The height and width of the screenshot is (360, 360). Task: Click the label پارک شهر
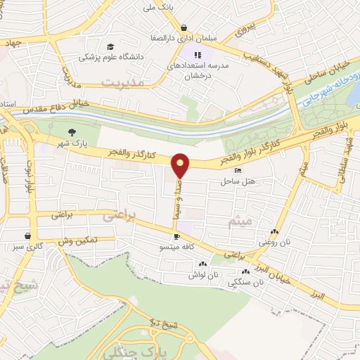point(72,143)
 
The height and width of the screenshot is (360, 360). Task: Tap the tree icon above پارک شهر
point(72,131)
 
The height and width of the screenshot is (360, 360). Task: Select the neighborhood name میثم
point(240,222)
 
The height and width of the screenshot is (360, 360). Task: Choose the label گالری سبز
point(26,247)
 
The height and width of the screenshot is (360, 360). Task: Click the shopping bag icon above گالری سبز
point(27,236)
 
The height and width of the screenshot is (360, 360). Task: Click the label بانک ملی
point(157,7)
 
